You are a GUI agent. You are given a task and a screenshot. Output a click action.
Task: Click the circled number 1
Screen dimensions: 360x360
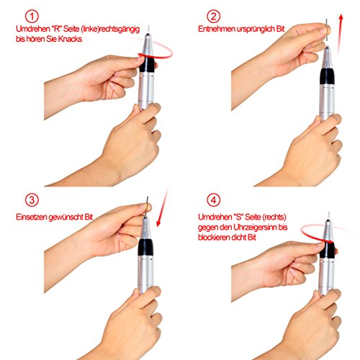[x=32, y=17]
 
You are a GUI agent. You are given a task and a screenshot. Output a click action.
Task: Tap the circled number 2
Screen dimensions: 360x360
[x=213, y=17]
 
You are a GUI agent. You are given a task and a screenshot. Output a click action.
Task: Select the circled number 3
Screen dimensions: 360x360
[x=32, y=200]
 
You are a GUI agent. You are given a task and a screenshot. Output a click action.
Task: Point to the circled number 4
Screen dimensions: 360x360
[x=213, y=200]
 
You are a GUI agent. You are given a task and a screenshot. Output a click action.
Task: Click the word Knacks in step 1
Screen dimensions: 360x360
[x=70, y=39]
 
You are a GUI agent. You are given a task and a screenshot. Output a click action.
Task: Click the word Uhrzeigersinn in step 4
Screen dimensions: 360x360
[x=255, y=228]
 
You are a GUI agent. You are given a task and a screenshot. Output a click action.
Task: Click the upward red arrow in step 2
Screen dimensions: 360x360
[x=340, y=34]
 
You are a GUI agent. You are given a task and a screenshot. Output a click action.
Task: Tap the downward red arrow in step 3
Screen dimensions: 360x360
[x=162, y=207]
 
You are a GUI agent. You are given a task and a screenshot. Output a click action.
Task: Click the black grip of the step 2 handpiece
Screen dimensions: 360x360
[x=327, y=76]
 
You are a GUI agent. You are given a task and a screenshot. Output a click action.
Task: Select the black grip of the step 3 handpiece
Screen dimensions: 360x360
[x=145, y=247]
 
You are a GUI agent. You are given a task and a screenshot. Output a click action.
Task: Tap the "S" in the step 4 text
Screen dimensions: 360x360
[x=238, y=217]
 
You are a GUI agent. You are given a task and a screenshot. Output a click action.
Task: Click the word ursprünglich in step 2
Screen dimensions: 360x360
[x=256, y=30]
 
